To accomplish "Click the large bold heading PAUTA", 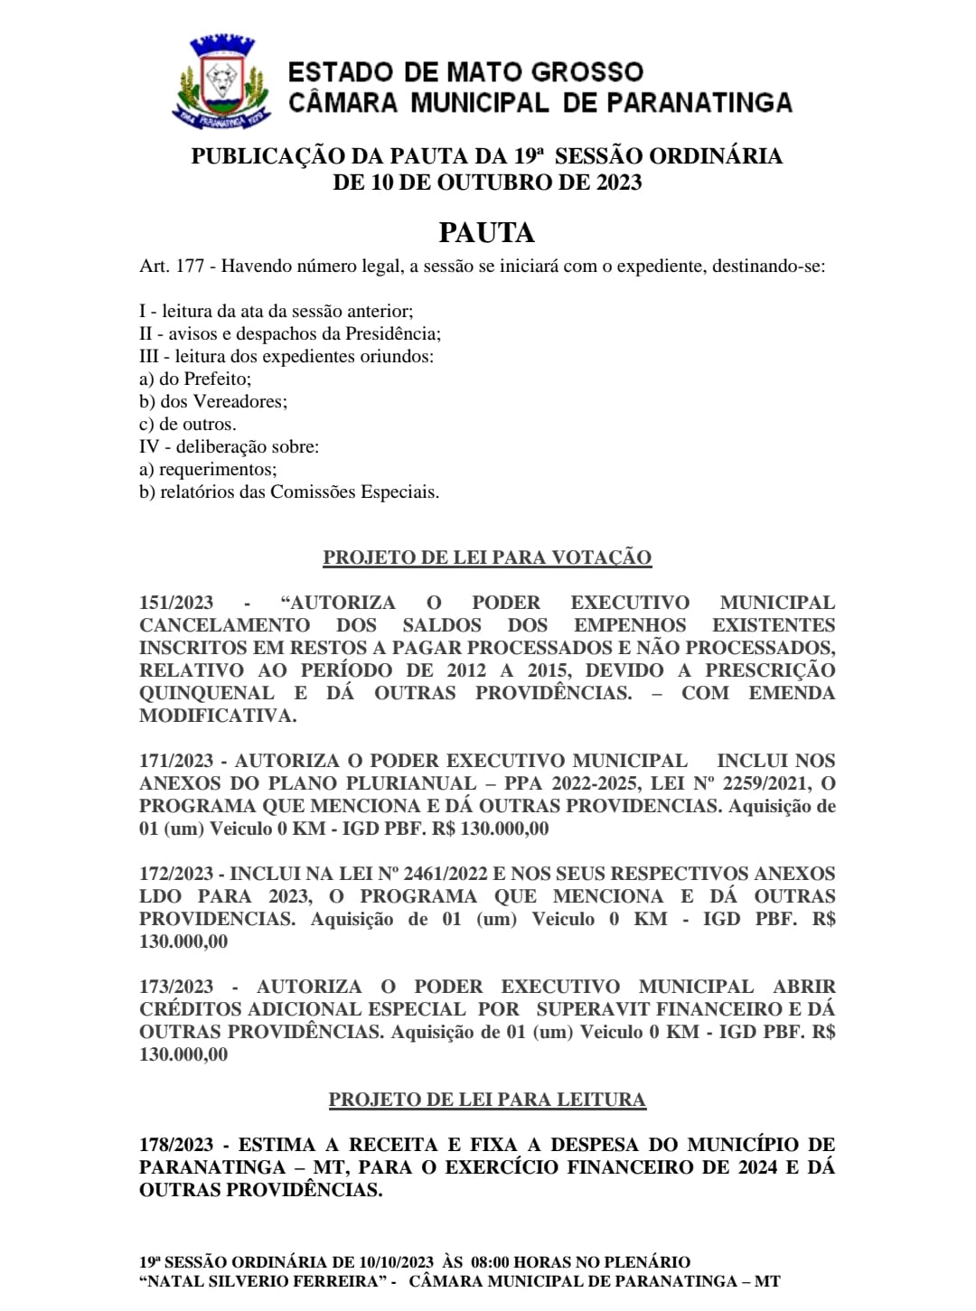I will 486,233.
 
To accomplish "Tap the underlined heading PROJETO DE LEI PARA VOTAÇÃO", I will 487,557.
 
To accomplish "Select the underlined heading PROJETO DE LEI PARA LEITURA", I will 487,1100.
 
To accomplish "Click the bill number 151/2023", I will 176,603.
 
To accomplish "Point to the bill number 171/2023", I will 176,761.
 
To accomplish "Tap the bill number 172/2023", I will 176,874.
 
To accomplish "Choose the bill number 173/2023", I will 176,987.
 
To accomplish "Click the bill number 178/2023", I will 176,1145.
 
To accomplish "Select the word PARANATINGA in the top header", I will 699,103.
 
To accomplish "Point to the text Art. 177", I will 171,267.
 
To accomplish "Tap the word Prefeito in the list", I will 218,379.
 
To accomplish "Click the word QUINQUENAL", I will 207,693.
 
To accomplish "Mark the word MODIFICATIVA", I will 218,716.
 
